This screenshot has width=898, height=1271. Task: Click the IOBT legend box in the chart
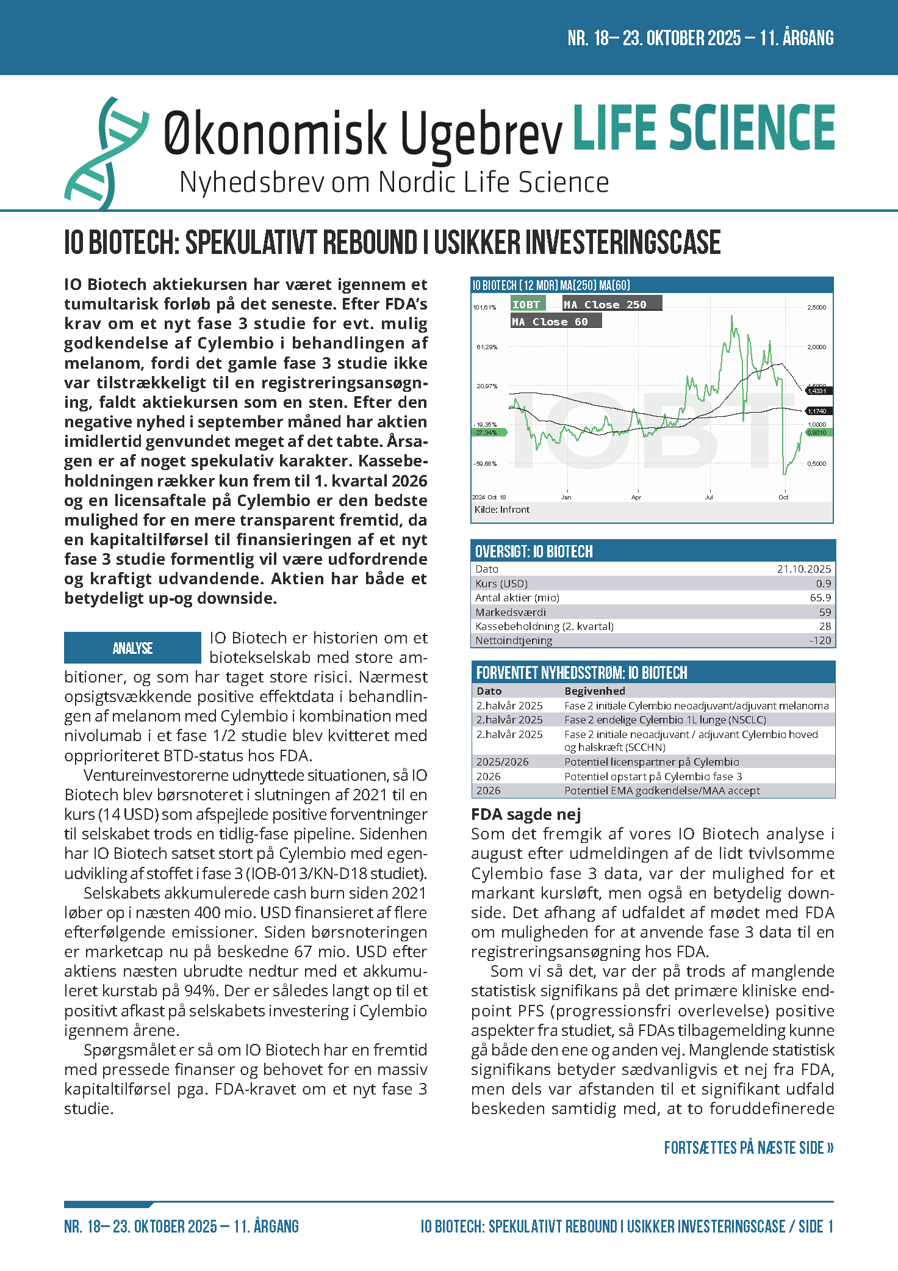[527, 304]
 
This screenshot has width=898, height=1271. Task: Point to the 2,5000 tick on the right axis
[817, 307]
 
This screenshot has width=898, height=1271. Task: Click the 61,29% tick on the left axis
[486, 347]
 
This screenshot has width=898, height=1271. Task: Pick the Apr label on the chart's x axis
[636, 498]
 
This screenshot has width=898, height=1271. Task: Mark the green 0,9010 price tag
[817, 432]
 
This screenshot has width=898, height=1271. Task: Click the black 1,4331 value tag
[817, 391]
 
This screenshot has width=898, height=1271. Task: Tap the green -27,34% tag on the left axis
[486, 432]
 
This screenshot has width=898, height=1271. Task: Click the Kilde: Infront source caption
[502, 510]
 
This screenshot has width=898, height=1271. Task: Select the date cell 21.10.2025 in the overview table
[803, 569]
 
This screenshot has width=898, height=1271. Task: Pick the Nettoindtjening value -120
[820, 640]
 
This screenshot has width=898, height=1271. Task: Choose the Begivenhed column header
[595, 691]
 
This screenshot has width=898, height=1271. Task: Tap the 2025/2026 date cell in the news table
[503, 762]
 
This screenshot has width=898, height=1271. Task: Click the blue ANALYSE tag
[132, 648]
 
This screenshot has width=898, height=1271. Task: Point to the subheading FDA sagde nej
[526, 814]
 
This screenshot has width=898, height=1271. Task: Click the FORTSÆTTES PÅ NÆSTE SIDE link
[749, 1148]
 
